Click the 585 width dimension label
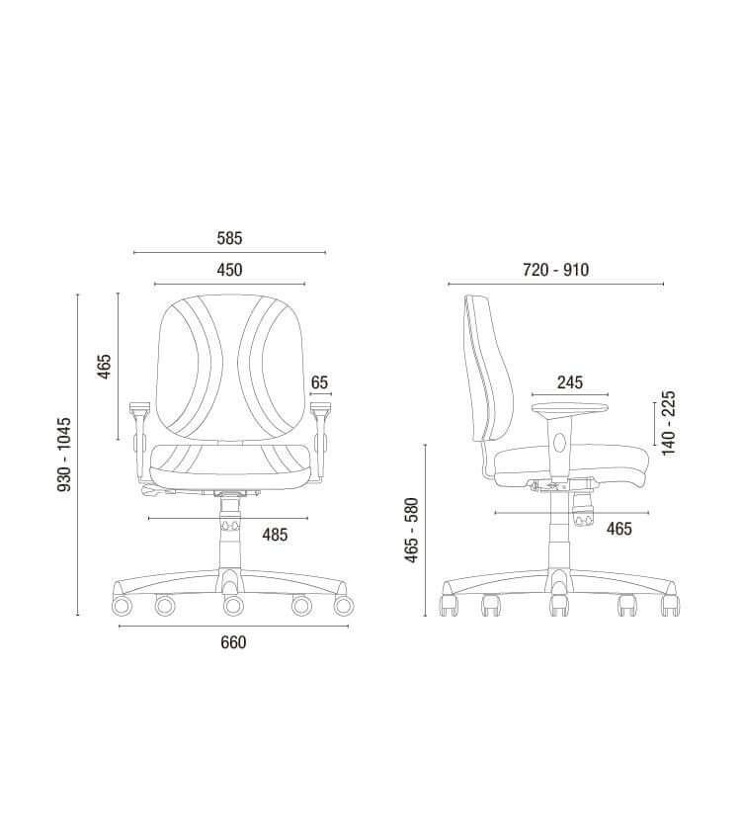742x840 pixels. coord(229,238)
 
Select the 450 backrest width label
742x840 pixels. coord(229,270)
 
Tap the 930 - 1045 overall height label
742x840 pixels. coord(64,455)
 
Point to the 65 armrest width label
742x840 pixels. coord(319,382)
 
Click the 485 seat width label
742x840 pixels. coord(275,534)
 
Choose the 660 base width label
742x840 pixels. coord(233,641)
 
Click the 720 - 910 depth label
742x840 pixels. coord(555,270)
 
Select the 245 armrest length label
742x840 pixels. coord(570,382)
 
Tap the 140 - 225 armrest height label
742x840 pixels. coord(669,423)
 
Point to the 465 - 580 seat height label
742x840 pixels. coord(411,531)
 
